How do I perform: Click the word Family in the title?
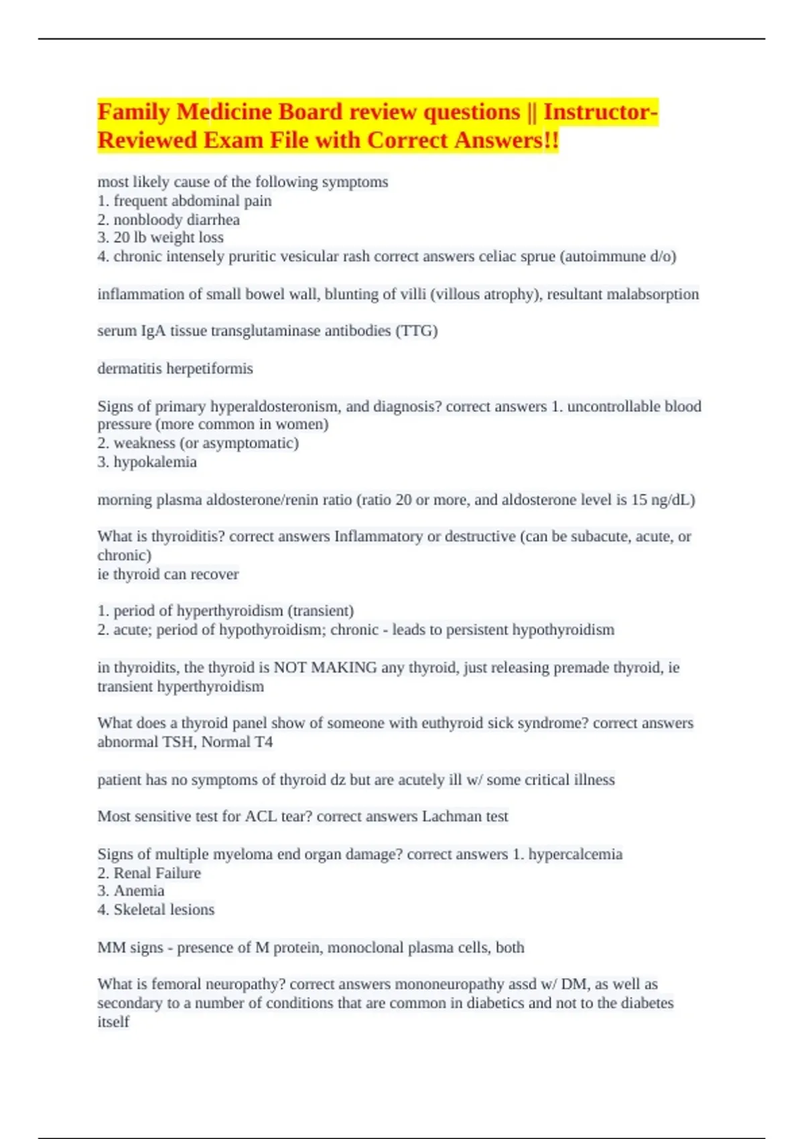tap(133, 112)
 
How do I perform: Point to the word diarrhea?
tap(213, 220)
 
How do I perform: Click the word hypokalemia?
tap(155, 462)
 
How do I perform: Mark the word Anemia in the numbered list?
tap(139, 891)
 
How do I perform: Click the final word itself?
tap(113, 1022)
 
